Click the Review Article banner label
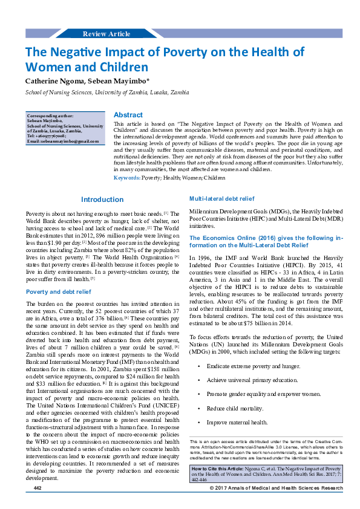(x=106, y=34)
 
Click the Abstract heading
(x=128, y=115)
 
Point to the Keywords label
(x=127, y=178)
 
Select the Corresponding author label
(x=51, y=115)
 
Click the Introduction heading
(x=102, y=199)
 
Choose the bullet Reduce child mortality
(x=235, y=409)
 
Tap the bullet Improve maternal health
(x=237, y=422)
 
